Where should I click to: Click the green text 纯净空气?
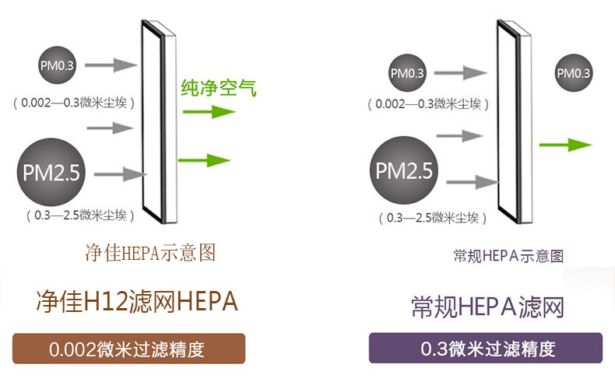(x=218, y=86)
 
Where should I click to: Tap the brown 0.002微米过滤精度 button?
(x=128, y=349)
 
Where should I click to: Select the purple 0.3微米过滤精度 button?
(x=486, y=348)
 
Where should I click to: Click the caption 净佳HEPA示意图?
(x=149, y=253)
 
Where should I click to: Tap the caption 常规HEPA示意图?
(x=508, y=255)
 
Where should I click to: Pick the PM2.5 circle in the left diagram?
(x=49, y=171)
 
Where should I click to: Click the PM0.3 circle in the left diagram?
(x=58, y=64)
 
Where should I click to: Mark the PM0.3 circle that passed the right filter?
(x=573, y=74)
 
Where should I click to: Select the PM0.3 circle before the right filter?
(x=408, y=74)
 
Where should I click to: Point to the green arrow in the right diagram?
(x=565, y=145)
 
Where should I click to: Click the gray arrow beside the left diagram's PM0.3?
(x=115, y=65)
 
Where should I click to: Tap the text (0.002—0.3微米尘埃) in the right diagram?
(x=427, y=103)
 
